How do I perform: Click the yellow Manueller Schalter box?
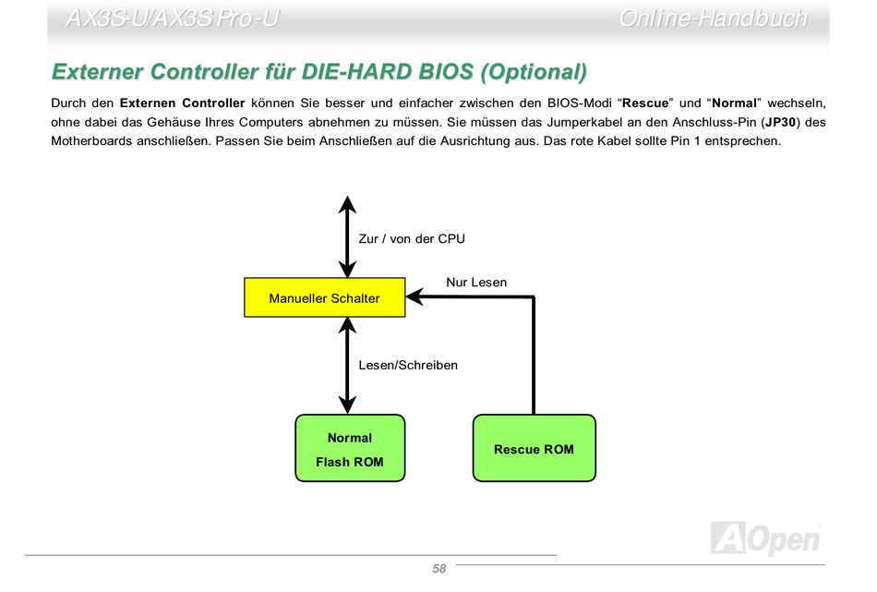pyautogui.click(x=324, y=297)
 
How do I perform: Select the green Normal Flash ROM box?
pyautogui.click(x=350, y=448)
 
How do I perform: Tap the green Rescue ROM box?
pyautogui.click(x=535, y=448)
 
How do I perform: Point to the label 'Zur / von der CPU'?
pyautogui.click(x=412, y=239)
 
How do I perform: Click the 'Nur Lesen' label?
pyautogui.click(x=476, y=283)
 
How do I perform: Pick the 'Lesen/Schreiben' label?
pyautogui.click(x=408, y=366)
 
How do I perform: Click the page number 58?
pyautogui.click(x=439, y=569)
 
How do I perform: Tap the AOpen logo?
pyautogui.click(x=766, y=538)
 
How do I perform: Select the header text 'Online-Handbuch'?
pyautogui.click(x=713, y=18)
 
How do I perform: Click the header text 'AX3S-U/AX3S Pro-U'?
pyautogui.click(x=173, y=18)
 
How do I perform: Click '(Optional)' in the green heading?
pyautogui.click(x=534, y=72)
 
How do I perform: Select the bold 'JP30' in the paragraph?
pyautogui.click(x=780, y=122)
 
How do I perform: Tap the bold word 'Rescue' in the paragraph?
pyautogui.click(x=645, y=103)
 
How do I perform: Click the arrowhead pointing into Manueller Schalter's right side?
pyautogui.click(x=414, y=297)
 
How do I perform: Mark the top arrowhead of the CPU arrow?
pyautogui.click(x=347, y=204)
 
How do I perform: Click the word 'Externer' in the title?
pyautogui.click(x=97, y=72)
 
